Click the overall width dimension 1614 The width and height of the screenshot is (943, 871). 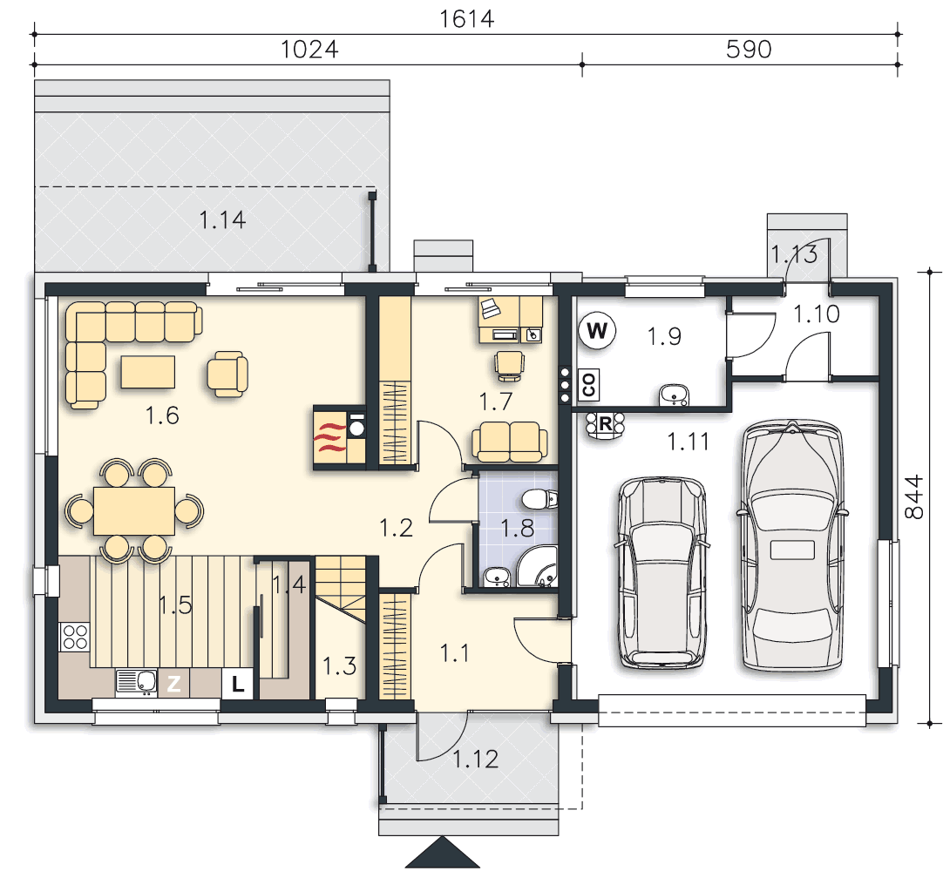(x=466, y=18)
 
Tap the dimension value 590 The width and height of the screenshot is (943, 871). (x=749, y=50)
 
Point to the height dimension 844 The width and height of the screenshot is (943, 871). (x=913, y=496)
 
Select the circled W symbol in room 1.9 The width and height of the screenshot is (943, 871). (x=597, y=330)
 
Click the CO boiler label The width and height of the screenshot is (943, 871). (x=589, y=385)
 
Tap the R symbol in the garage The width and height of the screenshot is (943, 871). (x=605, y=425)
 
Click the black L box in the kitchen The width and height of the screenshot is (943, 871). (x=238, y=684)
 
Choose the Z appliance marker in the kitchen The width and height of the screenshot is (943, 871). (x=173, y=684)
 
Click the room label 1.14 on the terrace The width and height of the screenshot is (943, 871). (x=222, y=220)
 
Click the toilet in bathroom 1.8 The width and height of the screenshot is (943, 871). (x=539, y=499)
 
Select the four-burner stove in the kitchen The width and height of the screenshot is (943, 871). (x=75, y=637)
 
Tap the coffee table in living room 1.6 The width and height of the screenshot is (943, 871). (x=148, y=372)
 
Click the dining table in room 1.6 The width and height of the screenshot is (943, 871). (x=134, y=511)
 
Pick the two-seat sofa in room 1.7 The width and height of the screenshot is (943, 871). (x=510, y=442)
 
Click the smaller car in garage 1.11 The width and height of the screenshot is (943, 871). (x=662, y=573)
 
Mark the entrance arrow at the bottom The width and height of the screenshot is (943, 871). (x=443, y=852)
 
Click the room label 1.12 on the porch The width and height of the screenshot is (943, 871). (x=476, y=760)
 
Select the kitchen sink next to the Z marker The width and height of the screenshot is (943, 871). (x=137, y=683)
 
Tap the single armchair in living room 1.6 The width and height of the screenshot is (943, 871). (x=227, y=374)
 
